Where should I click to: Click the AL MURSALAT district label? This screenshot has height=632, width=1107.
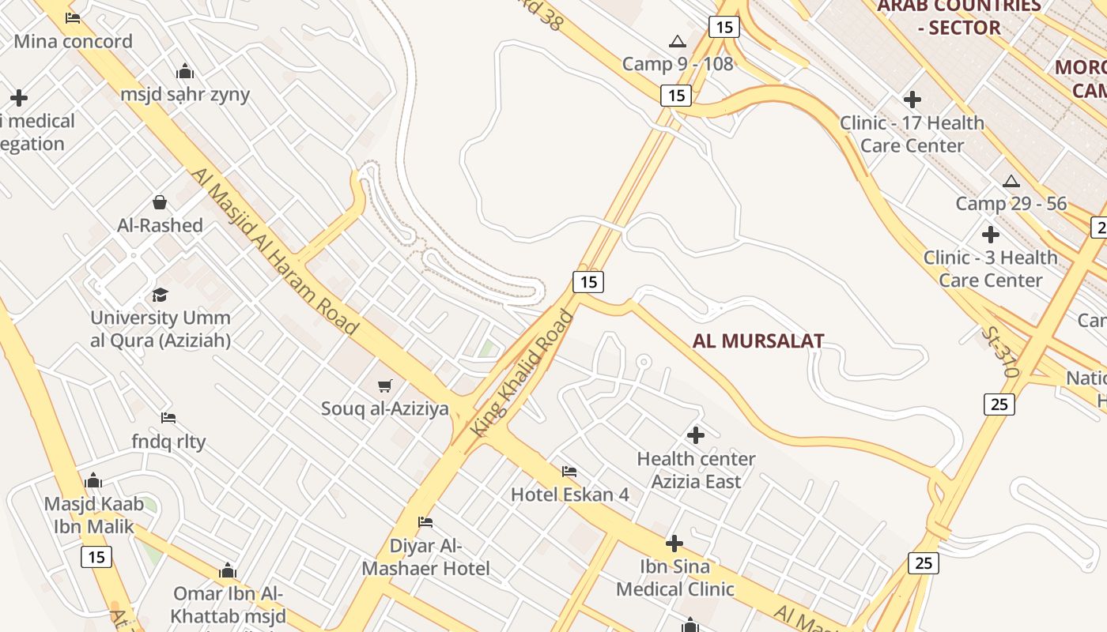tap(758, 341)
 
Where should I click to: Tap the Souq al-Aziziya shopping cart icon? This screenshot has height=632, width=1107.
tap(385, 386)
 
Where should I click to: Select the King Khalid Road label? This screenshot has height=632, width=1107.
tap(523, 373)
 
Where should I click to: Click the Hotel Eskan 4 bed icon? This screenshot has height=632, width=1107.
tap(569, 472)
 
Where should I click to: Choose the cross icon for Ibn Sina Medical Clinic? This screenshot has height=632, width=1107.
tap(674, 544)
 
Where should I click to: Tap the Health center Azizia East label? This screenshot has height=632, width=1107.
tap(696, 470)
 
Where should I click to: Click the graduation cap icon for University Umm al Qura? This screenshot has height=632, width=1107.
tap(161, 295)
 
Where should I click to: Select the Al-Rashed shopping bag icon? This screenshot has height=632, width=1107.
tap(160, 202)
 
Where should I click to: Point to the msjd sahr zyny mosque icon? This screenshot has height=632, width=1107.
tap(186, 72)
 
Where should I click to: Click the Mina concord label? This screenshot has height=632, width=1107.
tap(73, 41)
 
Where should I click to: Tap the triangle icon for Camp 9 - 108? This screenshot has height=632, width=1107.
tap(678, 41)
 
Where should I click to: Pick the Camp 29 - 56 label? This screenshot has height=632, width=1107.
tap(1011, 203)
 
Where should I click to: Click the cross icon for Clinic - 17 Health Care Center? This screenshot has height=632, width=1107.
tap(912, 100)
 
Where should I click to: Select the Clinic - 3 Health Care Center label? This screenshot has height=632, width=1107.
tap(990, 269)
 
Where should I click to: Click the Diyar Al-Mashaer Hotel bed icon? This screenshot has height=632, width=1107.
tap(425, 522)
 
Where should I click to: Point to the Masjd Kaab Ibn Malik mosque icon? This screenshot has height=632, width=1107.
tap(93, 481)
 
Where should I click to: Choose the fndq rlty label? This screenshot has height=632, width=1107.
tap(168, 441)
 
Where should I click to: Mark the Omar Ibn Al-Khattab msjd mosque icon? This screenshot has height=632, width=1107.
tap(228, 570)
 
